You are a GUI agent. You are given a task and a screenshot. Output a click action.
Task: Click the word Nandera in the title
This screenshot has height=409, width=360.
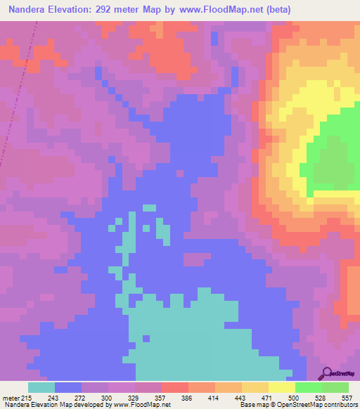32,10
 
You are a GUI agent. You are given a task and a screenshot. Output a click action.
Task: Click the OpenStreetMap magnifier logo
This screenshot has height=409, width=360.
327,373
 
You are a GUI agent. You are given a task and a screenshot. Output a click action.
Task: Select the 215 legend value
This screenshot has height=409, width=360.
27,398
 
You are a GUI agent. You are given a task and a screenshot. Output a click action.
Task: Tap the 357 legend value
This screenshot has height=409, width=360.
161,398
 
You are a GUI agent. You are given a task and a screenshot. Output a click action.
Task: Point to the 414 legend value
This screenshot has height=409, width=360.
215,398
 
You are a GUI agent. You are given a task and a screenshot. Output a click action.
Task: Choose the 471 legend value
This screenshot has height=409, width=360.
268,398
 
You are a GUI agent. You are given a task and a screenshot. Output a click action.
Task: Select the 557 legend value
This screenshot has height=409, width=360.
347,398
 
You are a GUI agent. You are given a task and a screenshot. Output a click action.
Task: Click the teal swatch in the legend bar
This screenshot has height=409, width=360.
41,387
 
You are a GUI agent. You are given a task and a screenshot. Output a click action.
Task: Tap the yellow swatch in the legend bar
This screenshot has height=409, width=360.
281,387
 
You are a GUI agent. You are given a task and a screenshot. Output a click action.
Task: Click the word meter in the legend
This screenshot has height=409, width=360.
11,398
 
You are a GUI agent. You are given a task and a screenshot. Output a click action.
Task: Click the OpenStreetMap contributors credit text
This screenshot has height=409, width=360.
315,405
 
